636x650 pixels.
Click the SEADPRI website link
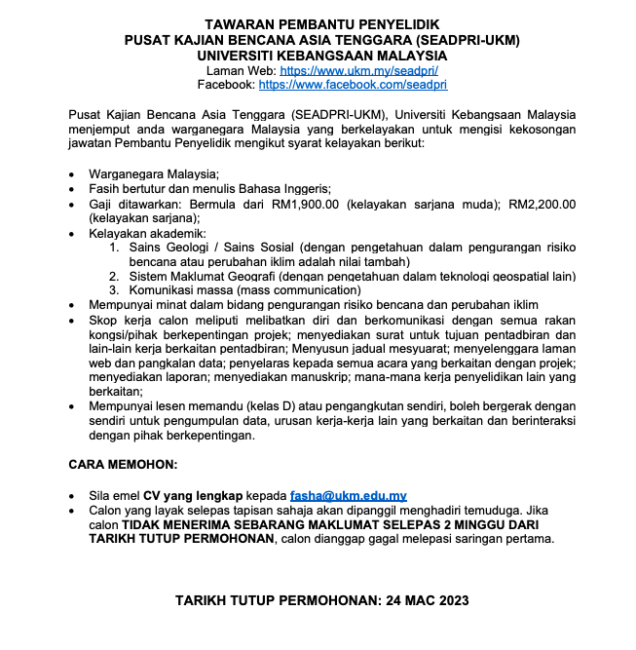tap(358, 71)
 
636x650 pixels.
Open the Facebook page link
tap(353, 85)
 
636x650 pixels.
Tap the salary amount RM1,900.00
tap(305, 204)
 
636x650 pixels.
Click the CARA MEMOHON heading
tap(123, 465)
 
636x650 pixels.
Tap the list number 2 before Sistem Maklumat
tap(114, 276)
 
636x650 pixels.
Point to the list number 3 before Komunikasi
tap(114, 289)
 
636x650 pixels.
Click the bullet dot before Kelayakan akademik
tap(76, 234)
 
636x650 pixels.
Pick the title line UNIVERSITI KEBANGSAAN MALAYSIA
tap(322, 56)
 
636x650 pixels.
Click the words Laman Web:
tap(242, 71)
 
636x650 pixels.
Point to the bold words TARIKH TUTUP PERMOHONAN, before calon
tap(175, 539)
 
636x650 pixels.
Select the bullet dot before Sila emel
tap(76, 496)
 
